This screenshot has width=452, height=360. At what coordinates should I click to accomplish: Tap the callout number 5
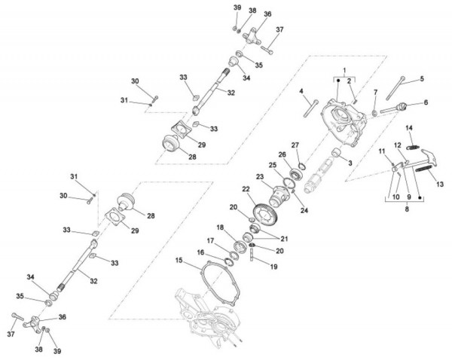422,78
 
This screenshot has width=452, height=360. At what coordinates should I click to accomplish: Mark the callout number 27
296,145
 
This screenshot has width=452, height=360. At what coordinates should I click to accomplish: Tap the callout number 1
344,70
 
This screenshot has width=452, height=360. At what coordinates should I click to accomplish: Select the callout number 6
426,102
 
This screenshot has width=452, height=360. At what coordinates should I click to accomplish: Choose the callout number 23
259,177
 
